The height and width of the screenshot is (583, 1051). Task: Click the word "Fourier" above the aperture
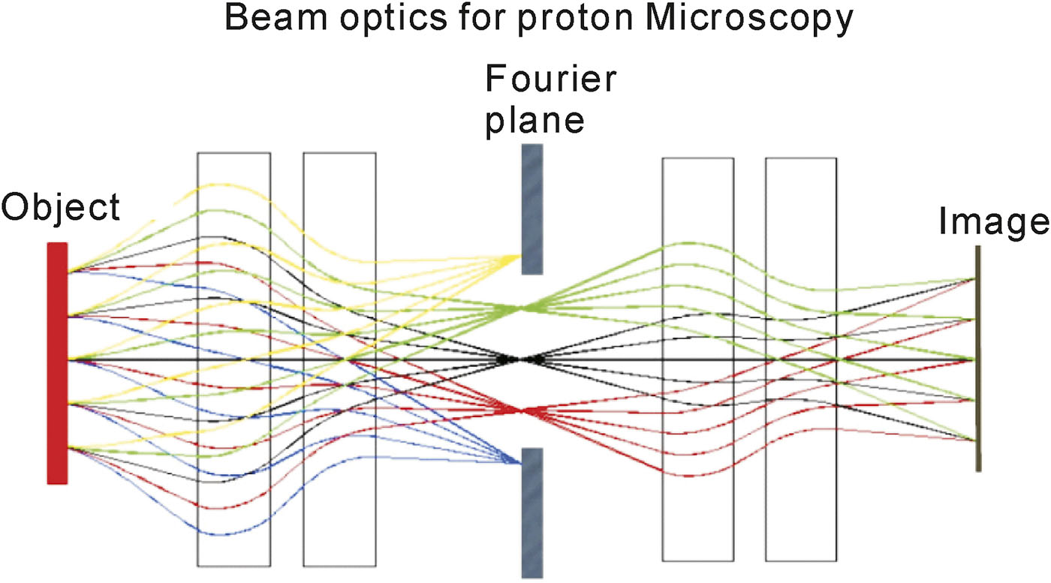[x=551, y=79]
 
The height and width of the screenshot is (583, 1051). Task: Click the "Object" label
[x=61, y=207]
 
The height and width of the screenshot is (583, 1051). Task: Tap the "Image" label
[x=993, y=223]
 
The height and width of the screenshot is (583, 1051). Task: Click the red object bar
[x=57, y=363]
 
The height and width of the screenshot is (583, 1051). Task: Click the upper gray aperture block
[x=532, y=209]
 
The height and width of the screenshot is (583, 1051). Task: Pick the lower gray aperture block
[x=532, y=512]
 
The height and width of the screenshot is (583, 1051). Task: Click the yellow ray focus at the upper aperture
[x=519, y=256]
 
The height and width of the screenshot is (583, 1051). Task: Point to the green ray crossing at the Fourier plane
[x=519, y=308]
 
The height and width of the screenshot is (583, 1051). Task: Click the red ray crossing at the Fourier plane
[x=519, y=411]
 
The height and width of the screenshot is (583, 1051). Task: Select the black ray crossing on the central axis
[x=519, y=359]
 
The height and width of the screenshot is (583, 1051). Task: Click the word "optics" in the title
[x=393, y=20]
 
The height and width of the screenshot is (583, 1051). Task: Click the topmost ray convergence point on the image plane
[x=975, y=279]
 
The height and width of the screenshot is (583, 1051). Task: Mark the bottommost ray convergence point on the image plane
[x=975, y=440]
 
